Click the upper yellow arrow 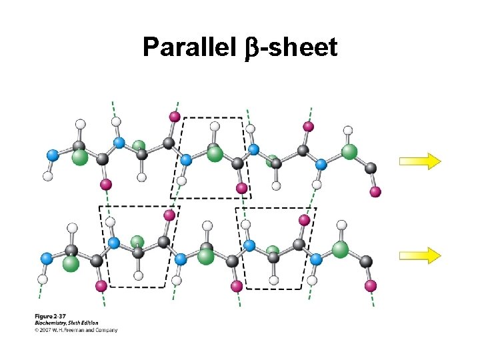coord(420,161)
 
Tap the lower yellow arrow coord(420,255)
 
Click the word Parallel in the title coord(189,47)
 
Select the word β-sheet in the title coord(297,47)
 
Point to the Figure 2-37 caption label coord(51,315)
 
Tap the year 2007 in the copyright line coord(47,329)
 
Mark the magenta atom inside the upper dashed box coord(242,188)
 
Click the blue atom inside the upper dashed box coord(186,159)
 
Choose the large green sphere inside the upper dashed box coord(215,154)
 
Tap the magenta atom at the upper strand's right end coord(375,192)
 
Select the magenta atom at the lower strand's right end coord(371,285)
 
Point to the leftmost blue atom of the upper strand coord(52,155)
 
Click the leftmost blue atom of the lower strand coord(46,257)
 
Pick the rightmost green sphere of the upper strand coord(350,151)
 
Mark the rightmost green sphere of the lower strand coord(341,249)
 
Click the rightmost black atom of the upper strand coord(371,169)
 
